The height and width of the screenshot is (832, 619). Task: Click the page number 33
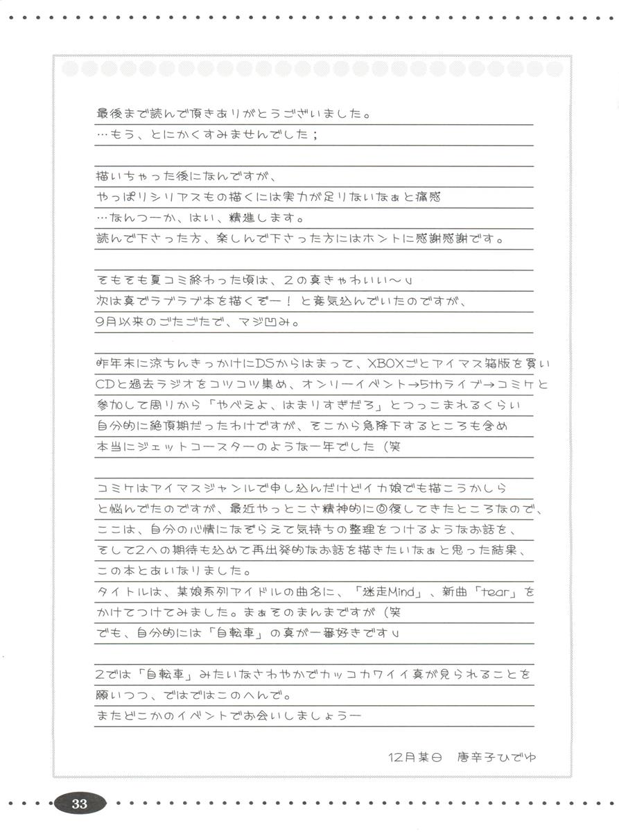(80, 804)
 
